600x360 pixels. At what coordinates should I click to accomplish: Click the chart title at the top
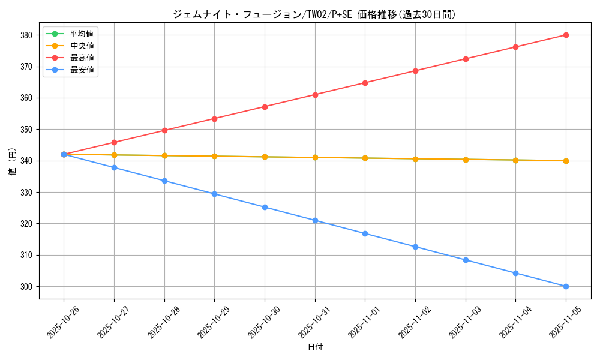pos(314,14)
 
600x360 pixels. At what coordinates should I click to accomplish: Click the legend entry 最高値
pos(82,58)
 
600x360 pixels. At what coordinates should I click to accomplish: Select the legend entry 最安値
pos(82,70)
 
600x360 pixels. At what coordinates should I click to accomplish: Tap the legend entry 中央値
pos(82,46)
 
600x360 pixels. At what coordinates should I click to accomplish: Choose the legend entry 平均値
pos(82,34)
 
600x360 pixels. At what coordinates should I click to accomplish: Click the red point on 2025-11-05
pos(566,35)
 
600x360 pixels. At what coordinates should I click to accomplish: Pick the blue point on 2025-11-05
pos(566,286)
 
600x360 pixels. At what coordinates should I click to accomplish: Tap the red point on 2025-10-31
pos(315,95)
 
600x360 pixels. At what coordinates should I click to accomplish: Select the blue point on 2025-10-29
pos(214,194)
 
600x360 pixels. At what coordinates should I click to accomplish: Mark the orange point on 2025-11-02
pos(415,159)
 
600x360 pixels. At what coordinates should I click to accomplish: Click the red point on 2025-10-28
pos(164,130)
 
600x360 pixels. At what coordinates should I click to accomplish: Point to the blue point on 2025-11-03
pos(466,260)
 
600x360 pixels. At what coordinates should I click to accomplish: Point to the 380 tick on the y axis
pos(26,35)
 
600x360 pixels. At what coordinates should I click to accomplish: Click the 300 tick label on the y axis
pos(26,287)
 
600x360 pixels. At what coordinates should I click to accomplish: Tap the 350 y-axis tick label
pos(26,130)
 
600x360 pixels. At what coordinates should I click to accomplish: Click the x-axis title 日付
pos(315,347)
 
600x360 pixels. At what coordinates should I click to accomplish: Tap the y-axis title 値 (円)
pos(13,161)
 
